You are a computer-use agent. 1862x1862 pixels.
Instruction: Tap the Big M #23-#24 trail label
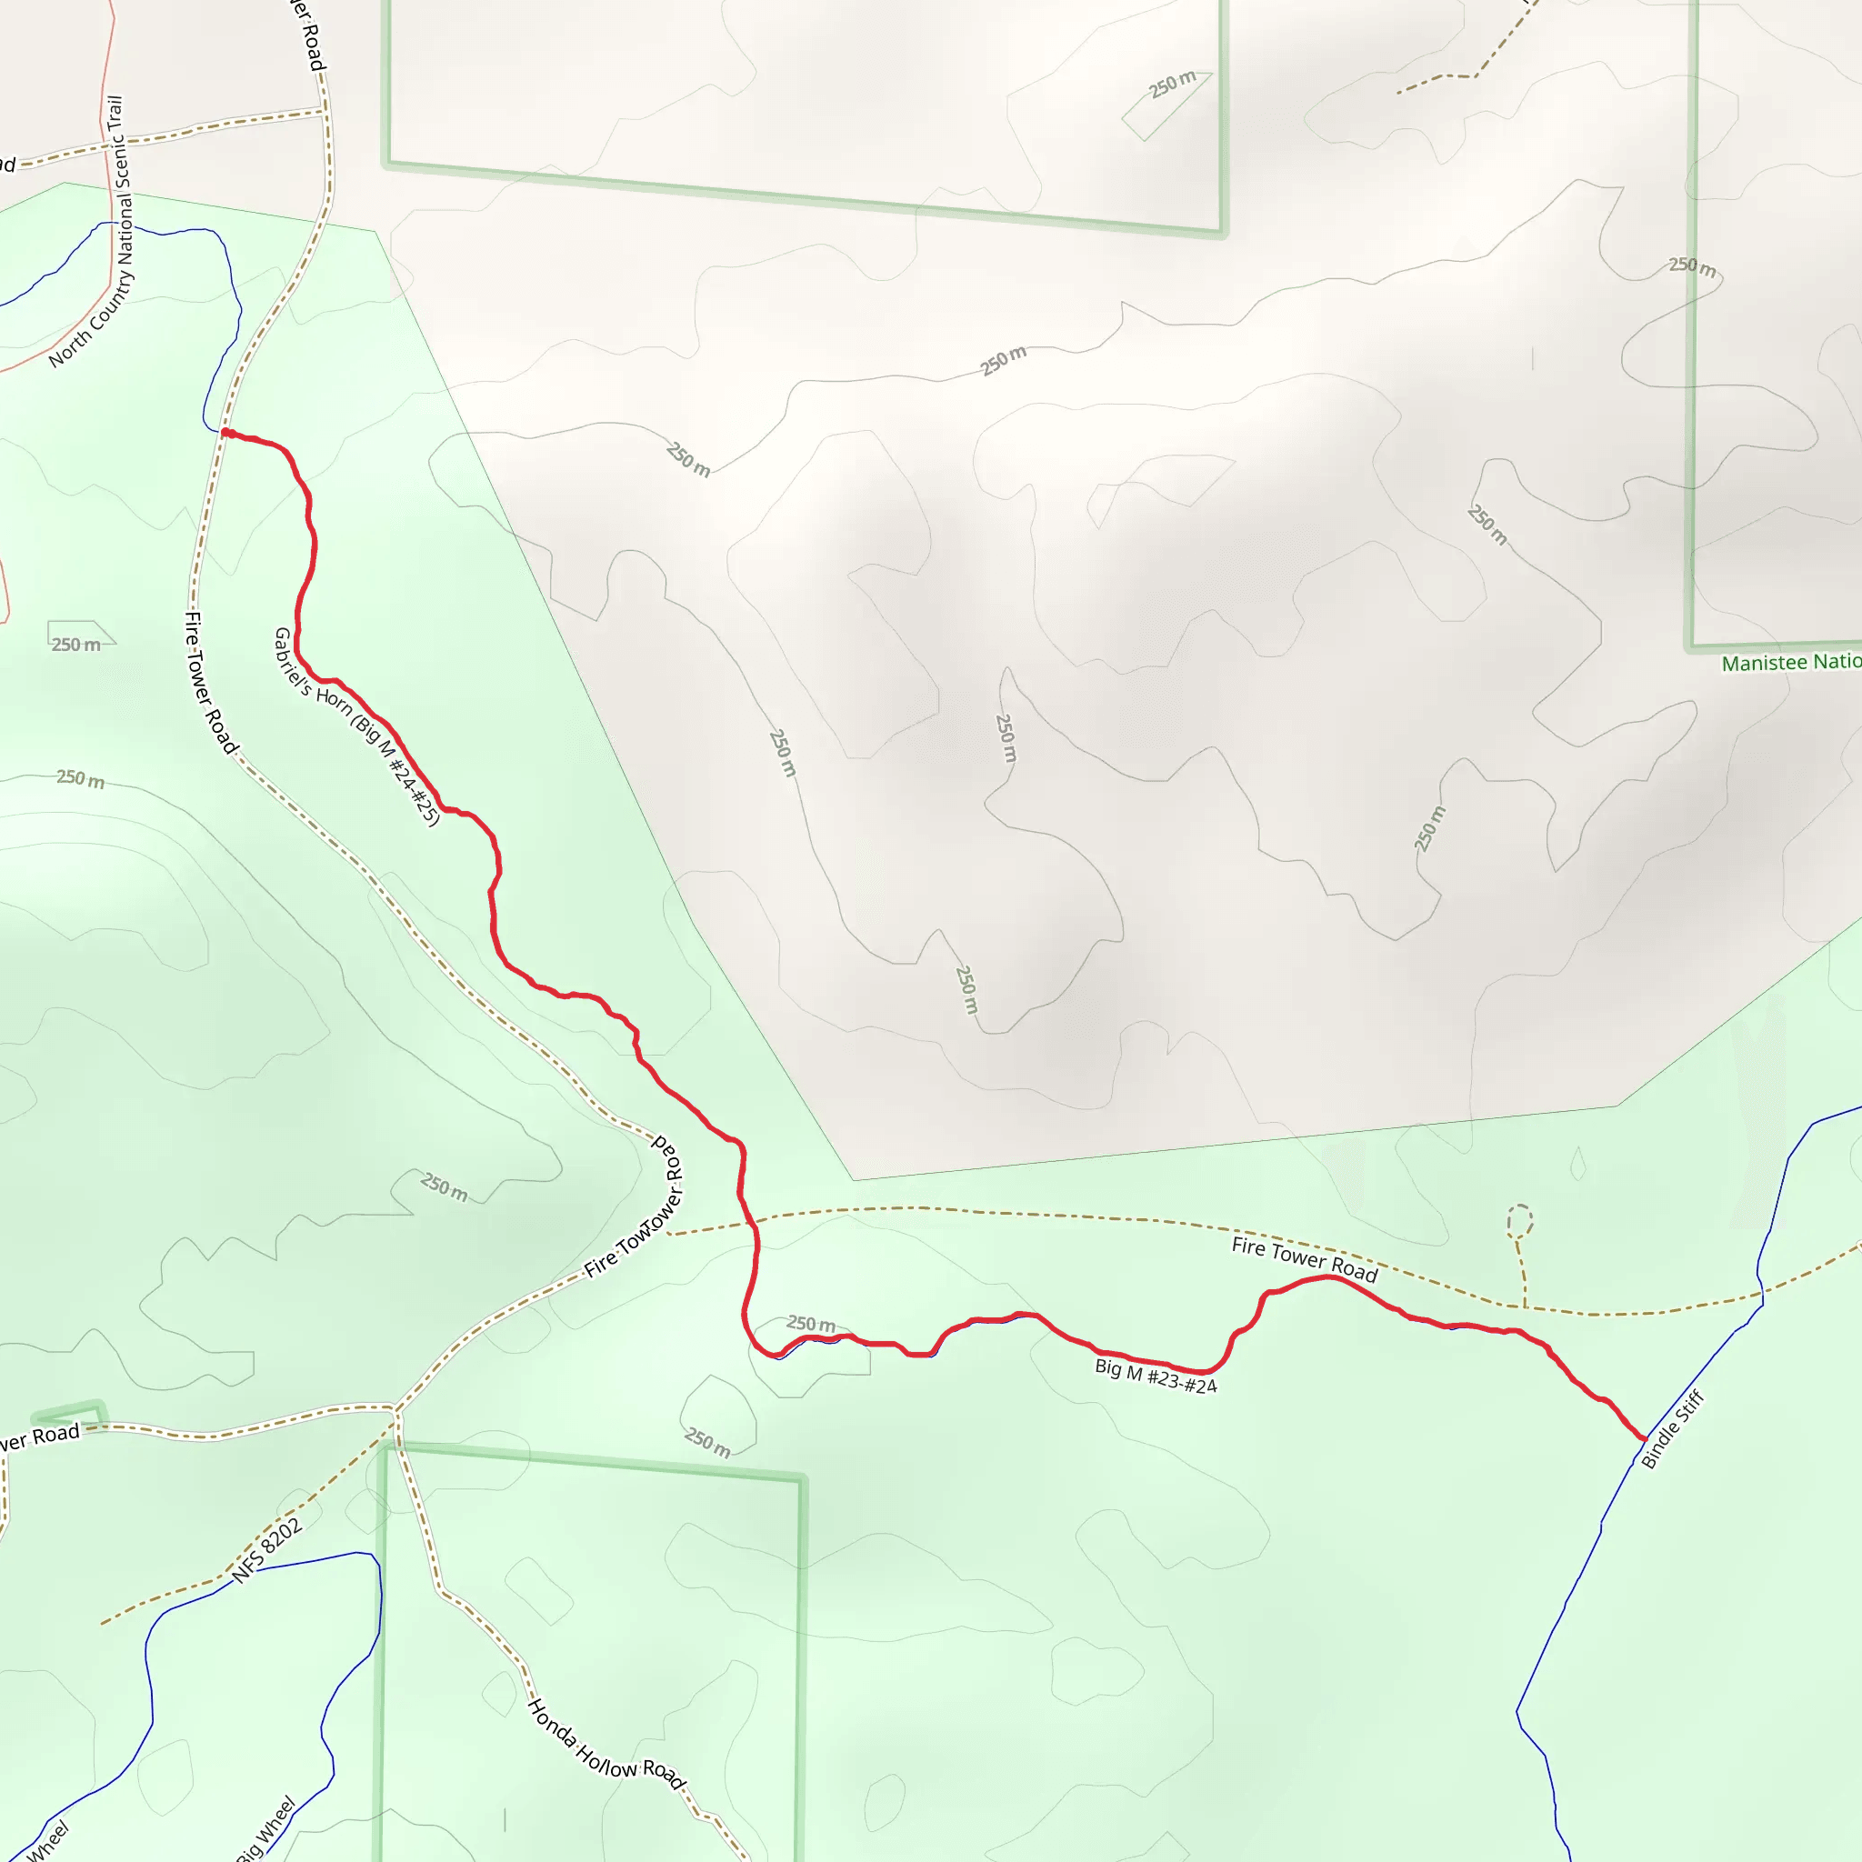pyautogui.click(x=1156, y=1376)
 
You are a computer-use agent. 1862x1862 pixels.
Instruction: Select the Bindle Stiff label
pyautogui.click(x=1673, y=1428)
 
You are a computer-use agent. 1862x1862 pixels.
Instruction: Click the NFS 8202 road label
pyautogui.click(x=268, y=1550)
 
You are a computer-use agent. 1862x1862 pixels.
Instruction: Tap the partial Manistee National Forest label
pyautogui.click(x=1791, y=662)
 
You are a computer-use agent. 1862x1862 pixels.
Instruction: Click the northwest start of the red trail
pyautogui.click(x=225, y=433)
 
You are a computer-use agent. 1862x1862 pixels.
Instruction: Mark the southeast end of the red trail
pyautogui.click(x=1644, y=1438)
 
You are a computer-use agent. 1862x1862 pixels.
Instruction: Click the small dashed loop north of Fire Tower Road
pyautogui.click(x=1520, y=1220)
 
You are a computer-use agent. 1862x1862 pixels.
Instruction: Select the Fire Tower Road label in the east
pyautogui.click(x=1304, y=1259)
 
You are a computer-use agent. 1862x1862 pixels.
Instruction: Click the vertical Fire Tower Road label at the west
pyautogui.click(x=209, y=683)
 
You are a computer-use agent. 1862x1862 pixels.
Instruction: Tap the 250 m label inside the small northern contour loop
pyautogui.click(x=1172, y=85)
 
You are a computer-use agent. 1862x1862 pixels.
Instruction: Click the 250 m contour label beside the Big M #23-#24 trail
pyautogui.click(x=810, y=1324)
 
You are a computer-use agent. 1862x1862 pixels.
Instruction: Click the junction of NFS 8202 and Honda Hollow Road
pyautogui.click(x=395, y=1415)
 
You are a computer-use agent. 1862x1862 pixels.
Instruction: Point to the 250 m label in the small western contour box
pyautogui.click(x=76, y=645)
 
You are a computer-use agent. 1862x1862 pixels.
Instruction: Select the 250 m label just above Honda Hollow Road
pyautogui.click(x=707, y=1442)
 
